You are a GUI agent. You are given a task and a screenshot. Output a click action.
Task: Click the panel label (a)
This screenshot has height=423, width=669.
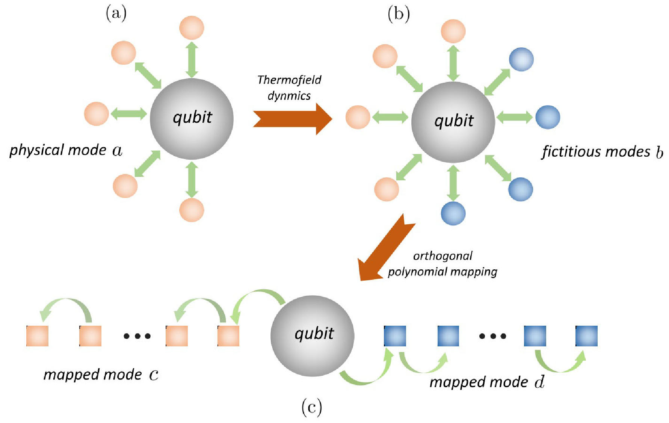tap(116, 14)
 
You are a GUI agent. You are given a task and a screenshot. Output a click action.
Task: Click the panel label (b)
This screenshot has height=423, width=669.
tap(399, 14)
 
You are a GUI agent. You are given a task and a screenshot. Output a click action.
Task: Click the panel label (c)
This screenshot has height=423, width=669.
tap(312, 407)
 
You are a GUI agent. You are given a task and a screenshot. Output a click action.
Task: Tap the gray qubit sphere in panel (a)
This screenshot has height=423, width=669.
tap(192, 119)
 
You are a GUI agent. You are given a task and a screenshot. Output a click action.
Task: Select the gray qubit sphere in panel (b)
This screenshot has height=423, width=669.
tap(453, 122)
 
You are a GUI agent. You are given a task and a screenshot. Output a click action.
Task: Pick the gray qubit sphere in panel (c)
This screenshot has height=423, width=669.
tap(313, 336)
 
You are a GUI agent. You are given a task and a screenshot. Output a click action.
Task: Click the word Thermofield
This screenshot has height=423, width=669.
tap(289, 80)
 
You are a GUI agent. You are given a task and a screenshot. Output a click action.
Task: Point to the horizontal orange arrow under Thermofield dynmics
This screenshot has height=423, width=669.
tap(293, 119)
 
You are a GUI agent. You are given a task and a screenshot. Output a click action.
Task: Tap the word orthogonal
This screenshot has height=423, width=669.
tap(442, 256)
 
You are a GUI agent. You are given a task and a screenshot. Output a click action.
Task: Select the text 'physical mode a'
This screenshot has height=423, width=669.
tap(66, 150)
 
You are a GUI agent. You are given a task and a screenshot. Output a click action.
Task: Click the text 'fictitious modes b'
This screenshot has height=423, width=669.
tap(602, 151)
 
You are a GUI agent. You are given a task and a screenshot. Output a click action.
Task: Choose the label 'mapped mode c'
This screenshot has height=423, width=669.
tap(101, 375)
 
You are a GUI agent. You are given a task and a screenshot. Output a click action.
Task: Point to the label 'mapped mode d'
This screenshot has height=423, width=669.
tap(487, 382)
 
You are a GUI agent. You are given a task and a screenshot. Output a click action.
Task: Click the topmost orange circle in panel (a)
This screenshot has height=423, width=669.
tap(192, 28)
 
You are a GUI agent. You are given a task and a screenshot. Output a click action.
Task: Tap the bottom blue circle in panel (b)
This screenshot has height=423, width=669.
tap(453, 213)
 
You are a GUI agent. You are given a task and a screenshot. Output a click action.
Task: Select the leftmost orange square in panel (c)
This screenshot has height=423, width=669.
tap(38, 336)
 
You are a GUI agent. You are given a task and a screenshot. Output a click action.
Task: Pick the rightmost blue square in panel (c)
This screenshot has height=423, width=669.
tap(587, 336)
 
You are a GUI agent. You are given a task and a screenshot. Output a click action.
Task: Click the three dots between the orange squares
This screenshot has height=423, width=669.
tap(137, 336)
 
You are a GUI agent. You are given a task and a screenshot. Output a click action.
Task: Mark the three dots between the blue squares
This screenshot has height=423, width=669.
tap(492, 336)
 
